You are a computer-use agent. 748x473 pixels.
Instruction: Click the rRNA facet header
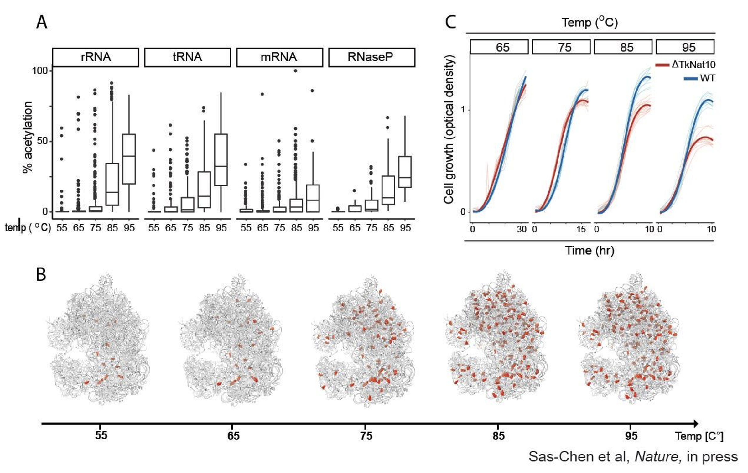(96, 57)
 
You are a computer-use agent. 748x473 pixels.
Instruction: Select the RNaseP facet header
(371, 57)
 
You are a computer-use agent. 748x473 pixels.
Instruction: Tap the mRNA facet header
(279, 57)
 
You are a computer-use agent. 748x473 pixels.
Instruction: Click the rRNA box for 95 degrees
(129, 159)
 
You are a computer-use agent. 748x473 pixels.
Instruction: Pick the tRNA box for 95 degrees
(221, 160)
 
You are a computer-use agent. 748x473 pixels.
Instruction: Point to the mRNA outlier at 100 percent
(295, 71)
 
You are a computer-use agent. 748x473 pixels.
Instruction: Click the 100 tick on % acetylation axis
(40, 71)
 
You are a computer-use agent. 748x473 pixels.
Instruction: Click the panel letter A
(42, 23)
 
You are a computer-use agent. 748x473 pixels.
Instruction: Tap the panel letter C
(450, 23)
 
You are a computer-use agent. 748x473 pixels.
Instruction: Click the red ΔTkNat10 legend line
(662, 65)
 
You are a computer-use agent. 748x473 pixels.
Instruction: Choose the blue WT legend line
(691, 78)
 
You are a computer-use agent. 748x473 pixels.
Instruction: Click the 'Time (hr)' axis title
(590, 251)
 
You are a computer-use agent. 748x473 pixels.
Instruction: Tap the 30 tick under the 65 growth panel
(522, 230)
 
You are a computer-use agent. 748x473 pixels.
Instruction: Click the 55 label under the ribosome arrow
(101, 436)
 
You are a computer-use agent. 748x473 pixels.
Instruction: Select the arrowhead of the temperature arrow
(695, 424)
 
